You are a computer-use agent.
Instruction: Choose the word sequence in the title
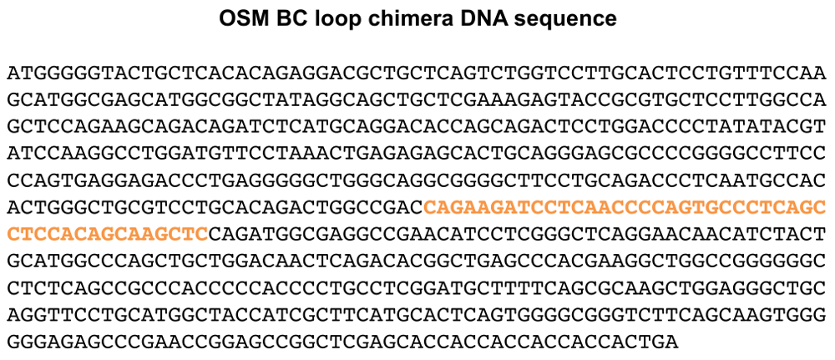(575, 18)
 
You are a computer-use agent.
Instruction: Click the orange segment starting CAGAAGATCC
(625, 207)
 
